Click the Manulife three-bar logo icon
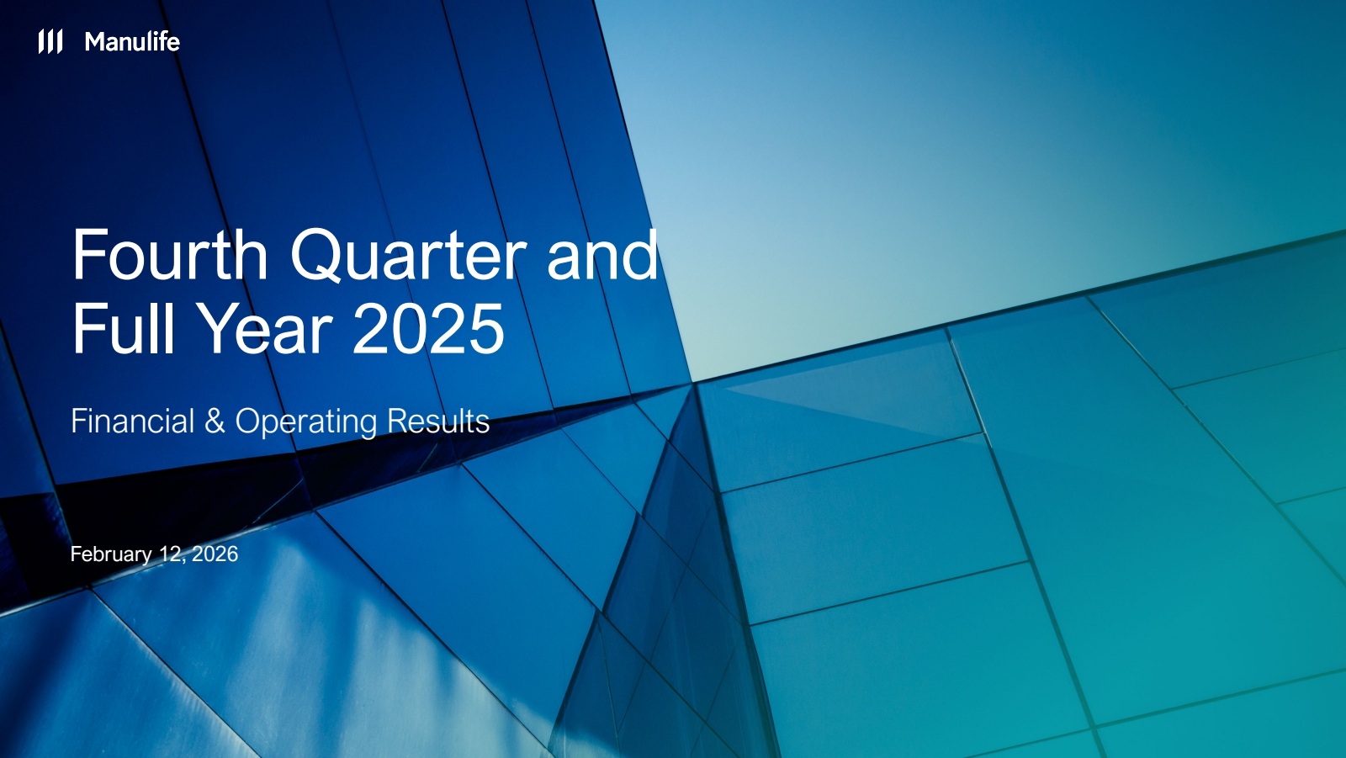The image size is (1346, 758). pyautogui.click(x=50, y=41)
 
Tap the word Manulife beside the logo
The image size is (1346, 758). pyautogui.click(x=132, y=42)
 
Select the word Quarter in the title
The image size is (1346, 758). pyautogui.click(x=409, y=256)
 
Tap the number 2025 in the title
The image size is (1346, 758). pyautogui.click(x=428, y=329)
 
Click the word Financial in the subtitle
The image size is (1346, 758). pyautogui.click(x=132, y=421)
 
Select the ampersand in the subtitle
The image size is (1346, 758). pyautogui.click(x=215, y=421)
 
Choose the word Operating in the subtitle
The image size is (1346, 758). pyautogui.click(x=306, y=423)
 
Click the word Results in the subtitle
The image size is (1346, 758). pyautogui.click(x=438, y=421)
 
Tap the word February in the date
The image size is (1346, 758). pyautogui.click(x=111, y=554)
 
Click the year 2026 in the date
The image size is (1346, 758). pyautogui.click(x=215, y=554)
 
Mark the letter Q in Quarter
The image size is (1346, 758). pyautogui.click(x=316, y=256)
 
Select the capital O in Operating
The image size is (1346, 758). pyautogui.click(x=249, y=421)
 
